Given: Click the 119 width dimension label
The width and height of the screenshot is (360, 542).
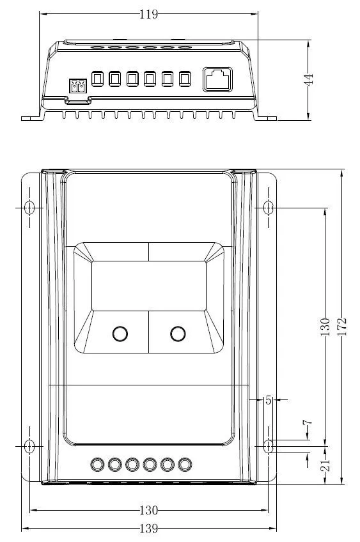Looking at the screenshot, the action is (x=149, y=14).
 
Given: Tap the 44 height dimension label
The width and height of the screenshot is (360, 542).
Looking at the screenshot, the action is (x=308, y=79).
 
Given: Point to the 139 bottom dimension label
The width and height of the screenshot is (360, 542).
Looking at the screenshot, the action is (x=149, y=529).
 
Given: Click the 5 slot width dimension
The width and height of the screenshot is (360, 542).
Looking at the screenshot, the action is (x=269, y=400).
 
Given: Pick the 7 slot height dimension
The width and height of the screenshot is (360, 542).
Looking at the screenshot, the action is (x=307, y=422).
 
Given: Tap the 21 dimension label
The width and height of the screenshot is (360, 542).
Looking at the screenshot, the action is (x=325, y=465).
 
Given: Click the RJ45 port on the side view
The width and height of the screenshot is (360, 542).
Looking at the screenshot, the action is (x=217, y=79).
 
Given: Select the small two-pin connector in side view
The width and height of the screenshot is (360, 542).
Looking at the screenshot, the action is (x=78, y=86).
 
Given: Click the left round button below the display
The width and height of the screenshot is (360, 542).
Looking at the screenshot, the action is (x=120, y=334).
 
